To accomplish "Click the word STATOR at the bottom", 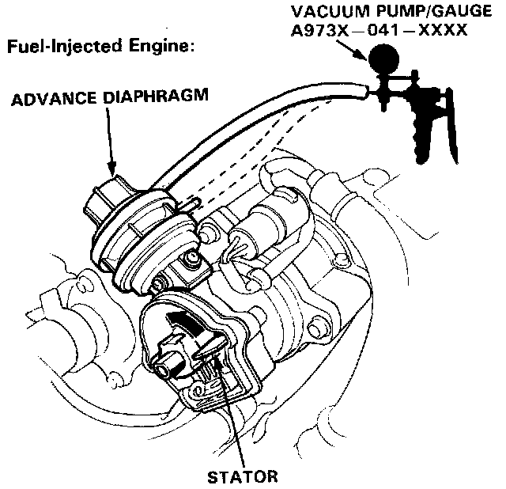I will [x=242, y=477].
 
